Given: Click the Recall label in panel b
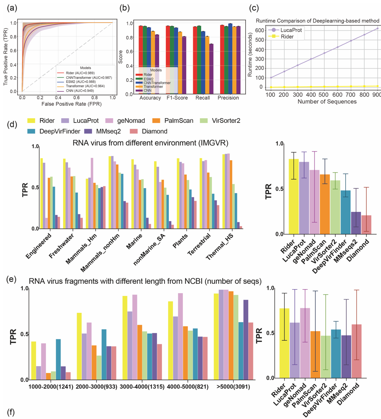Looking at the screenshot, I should pyautogui.click(x=203, y=98).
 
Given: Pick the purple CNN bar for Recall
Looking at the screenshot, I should pyautogui.click(x=211, y=69).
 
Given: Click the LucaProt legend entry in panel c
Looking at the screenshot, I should pyautogui.click(x=289, y=30).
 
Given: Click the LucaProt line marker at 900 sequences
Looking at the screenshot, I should pyautogui.click(x=377, y=29).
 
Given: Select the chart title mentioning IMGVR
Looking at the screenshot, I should pyautogui.click(x=150, y=143).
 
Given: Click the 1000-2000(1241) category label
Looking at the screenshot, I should pyautogui.click(x=51, y=387).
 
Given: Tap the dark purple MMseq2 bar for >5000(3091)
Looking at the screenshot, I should pyautogui.click(x=246, y=340).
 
